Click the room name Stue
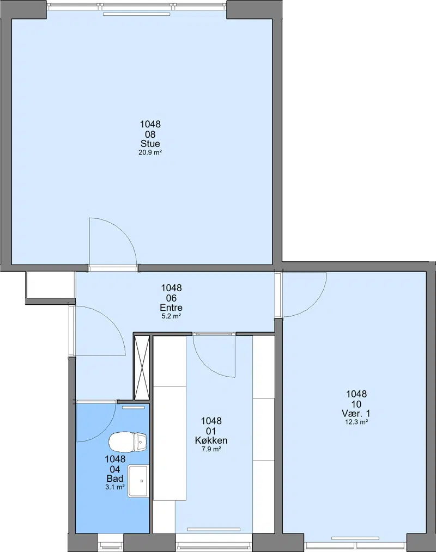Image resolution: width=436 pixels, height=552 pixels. click(x=150, y=144)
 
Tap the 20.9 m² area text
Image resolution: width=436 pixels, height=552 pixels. click(x=150, y=152)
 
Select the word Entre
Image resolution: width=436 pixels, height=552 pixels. click(x=171, y=308)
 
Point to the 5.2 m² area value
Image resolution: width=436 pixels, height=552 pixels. click(x=171, y=316)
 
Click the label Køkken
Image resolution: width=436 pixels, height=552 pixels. click(x=211, y=440)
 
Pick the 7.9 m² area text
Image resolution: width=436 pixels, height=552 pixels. click(x=211, y=449)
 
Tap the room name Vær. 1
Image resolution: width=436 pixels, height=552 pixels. click(x=356, y=413)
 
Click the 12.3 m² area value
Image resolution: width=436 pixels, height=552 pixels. click(x=356, y=422)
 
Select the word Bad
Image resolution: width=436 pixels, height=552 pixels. click(x=115, y=479)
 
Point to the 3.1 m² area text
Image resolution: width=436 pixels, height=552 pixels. click(x=115, y=487)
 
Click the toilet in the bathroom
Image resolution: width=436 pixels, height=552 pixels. click(x=128, y=442)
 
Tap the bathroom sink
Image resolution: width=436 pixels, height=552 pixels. click(x=138, y=481)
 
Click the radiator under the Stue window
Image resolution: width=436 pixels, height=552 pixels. click(x=136, y=14)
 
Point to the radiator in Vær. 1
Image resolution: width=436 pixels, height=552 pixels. click(x=355, y=538)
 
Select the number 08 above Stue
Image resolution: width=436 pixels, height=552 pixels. click(x=150, y=134)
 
